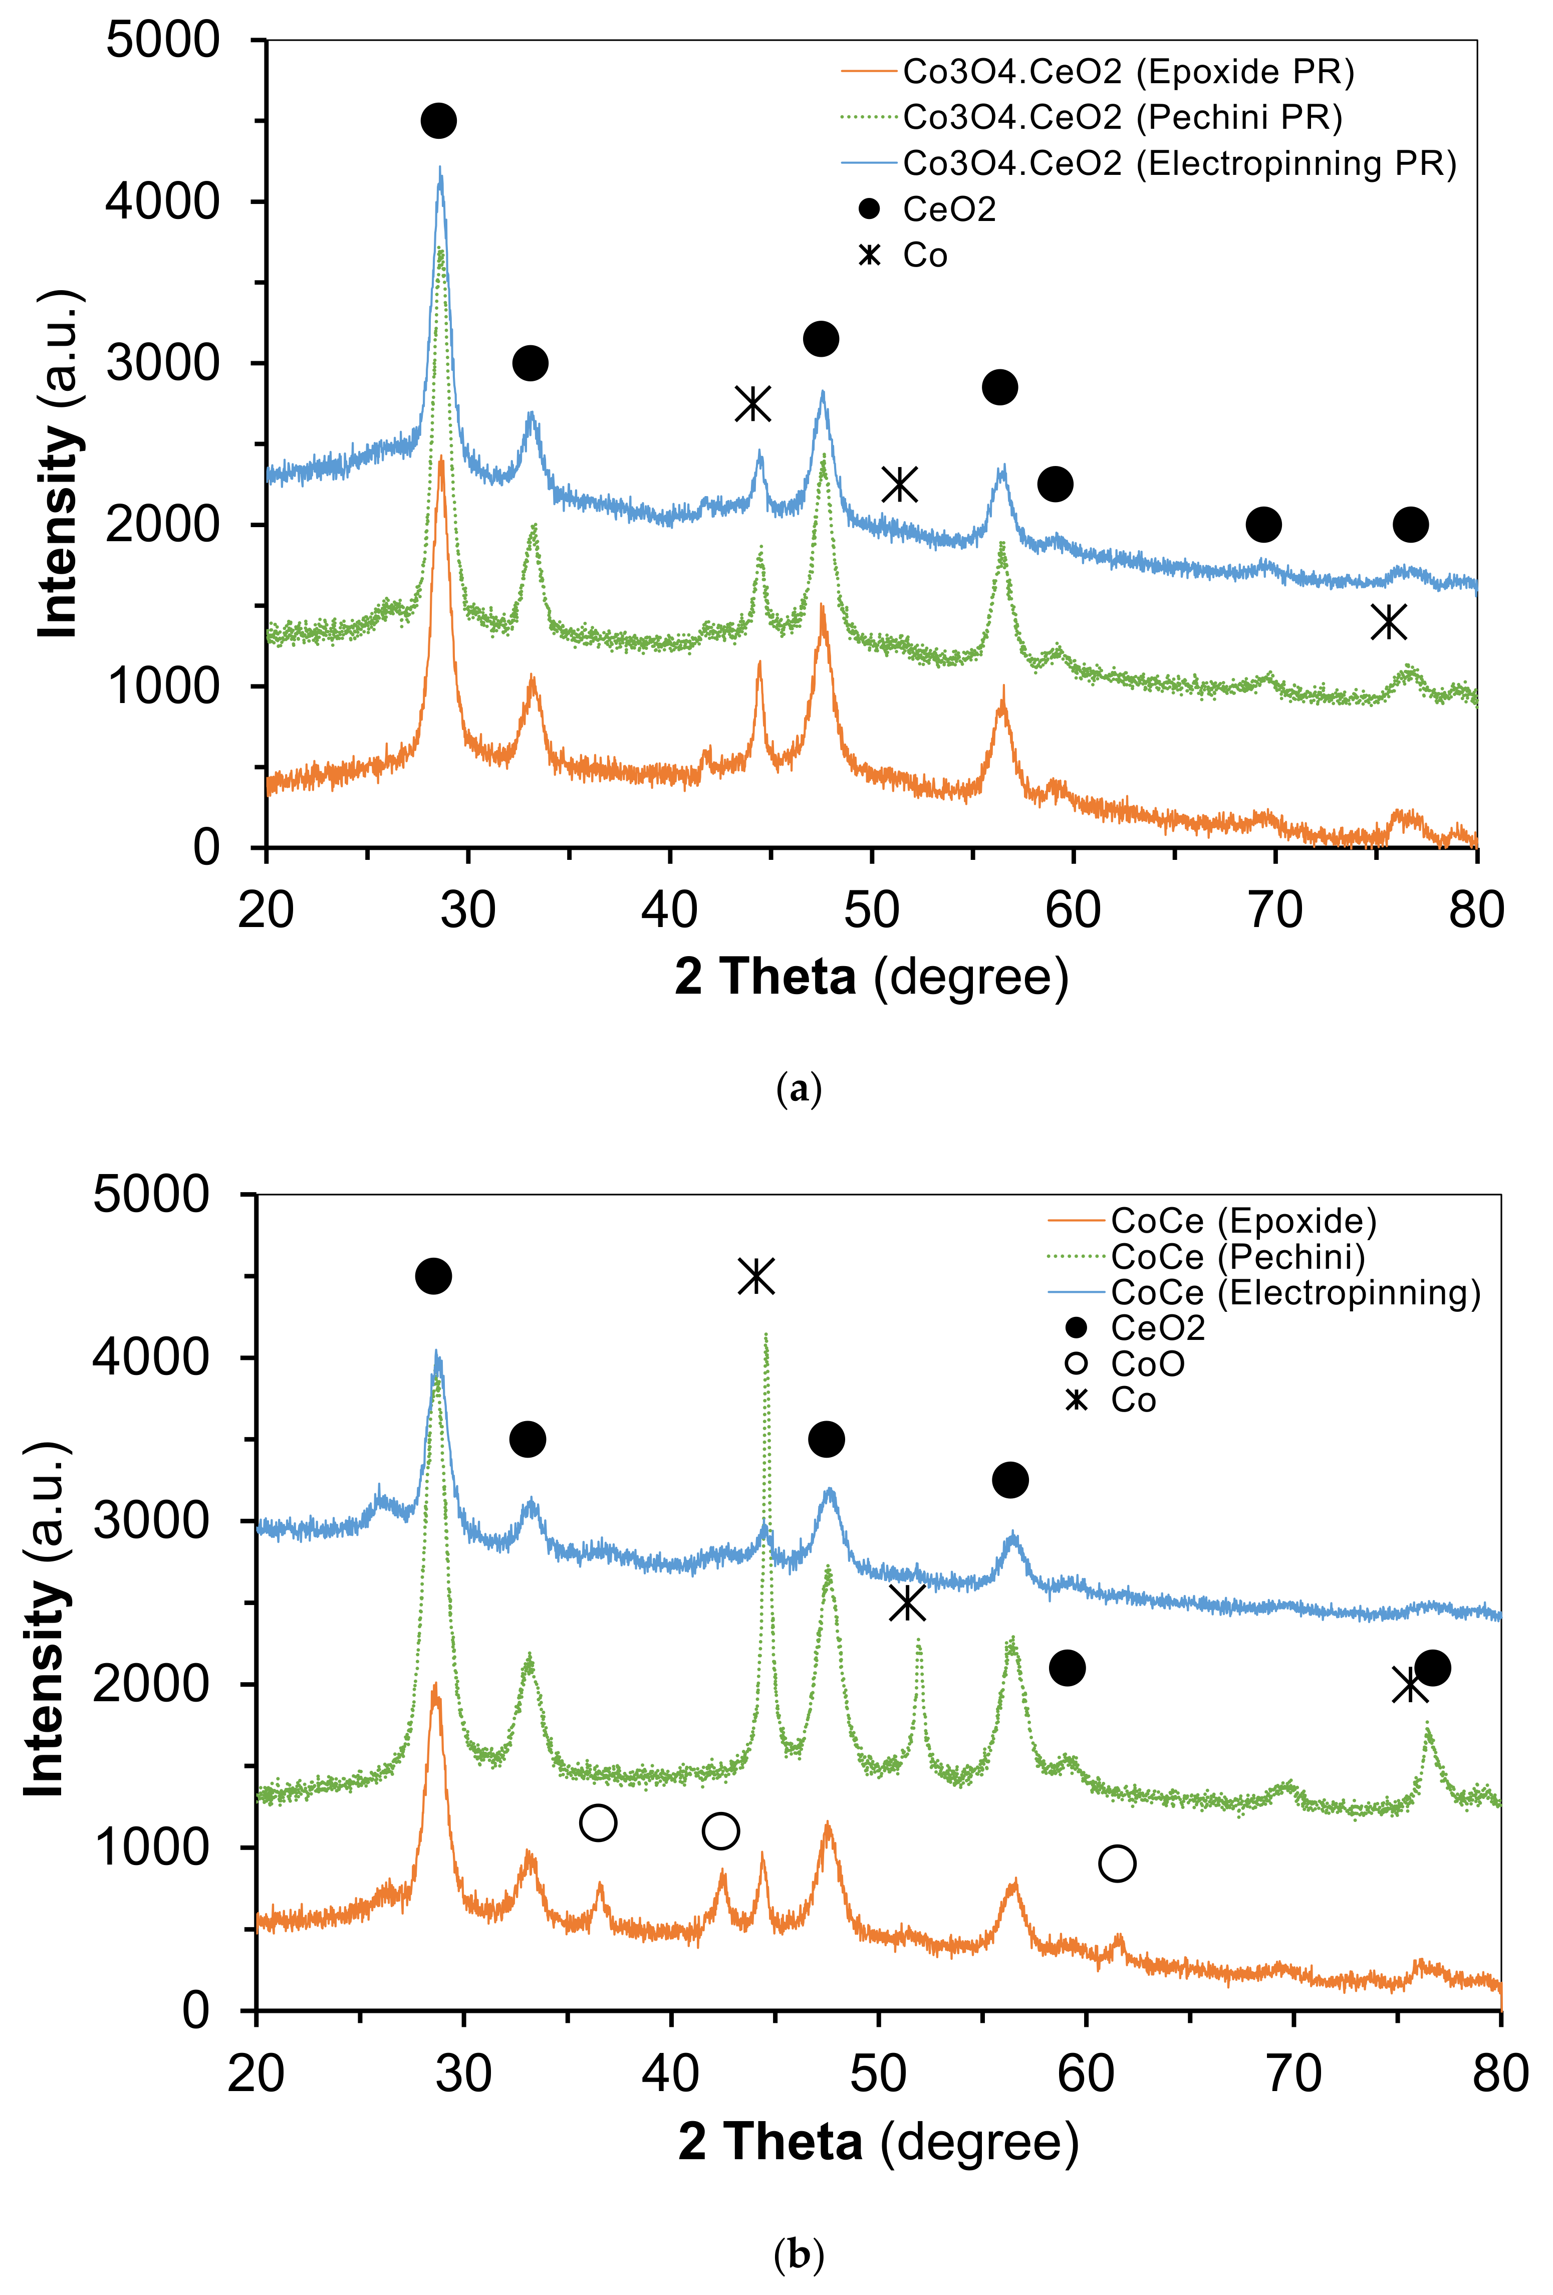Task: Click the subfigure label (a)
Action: pyautogui.click(x=799, y=1089)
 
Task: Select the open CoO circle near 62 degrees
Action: pyautogui.click(x=1117, y=1864)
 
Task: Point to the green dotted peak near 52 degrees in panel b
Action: pyautogui.click(x=919, y=1639)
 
